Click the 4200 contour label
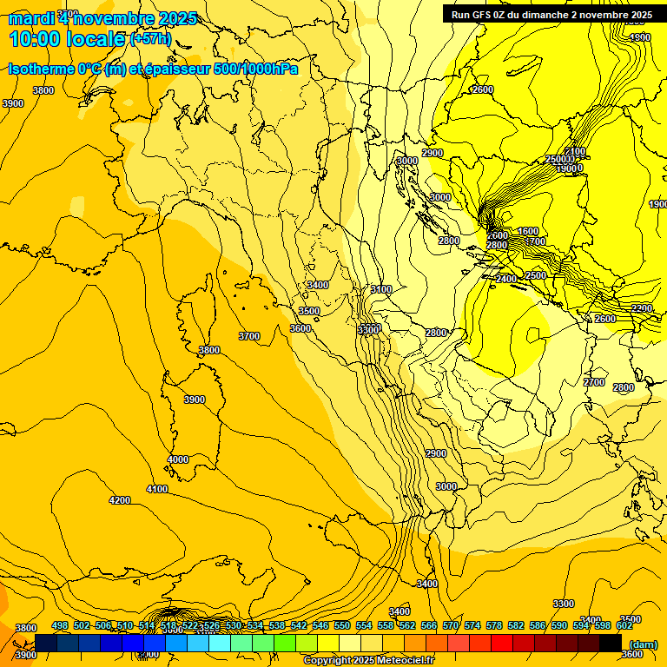[x=120, y=500]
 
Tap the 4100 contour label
[x=157, y=490]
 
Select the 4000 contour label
[x=178, y=459]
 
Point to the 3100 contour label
[x=380, y=289]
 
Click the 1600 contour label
[x=528, y=231]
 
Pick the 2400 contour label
[x=505, y=279]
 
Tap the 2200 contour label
[x=642, y=308]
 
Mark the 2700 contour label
[x=594, y=382]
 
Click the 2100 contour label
[x=575, y=152]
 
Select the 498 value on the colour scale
[x=60, y=626]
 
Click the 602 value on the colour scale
[x=624, y=626]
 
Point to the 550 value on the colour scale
[x=342, y=626]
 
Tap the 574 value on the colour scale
[x=472, y=626]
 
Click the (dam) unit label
[x=643, y=644]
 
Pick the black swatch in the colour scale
[x=611, y=643]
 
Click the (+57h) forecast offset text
[x=150, y=39]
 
